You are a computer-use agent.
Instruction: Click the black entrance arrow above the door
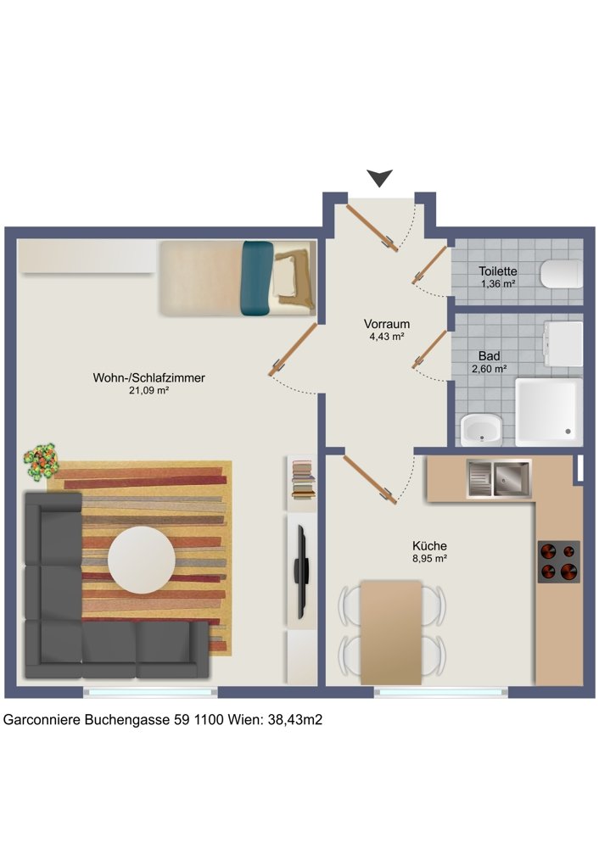[379, 177]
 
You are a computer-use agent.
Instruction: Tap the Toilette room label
[497, 271]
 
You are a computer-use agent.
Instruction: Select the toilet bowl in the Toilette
[561, 274]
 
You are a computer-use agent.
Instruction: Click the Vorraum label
[386, 324]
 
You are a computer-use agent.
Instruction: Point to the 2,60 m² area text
[489, 369]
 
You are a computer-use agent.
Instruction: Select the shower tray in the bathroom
[549, 412]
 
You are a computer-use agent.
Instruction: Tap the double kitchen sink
[498, 478]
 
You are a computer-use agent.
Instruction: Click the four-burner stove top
[559, 561]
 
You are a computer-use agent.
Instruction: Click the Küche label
[429, 545]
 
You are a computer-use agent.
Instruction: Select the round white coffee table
[141, 560]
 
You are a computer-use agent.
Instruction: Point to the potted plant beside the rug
[41, 462]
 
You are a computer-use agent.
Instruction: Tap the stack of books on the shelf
[303, 478]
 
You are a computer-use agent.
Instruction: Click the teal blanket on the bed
[256, 278]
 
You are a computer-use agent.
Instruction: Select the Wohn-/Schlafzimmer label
[148, 377]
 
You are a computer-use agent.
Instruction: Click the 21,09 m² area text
[148, 390]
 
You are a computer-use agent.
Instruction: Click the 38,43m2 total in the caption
[295, 720]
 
